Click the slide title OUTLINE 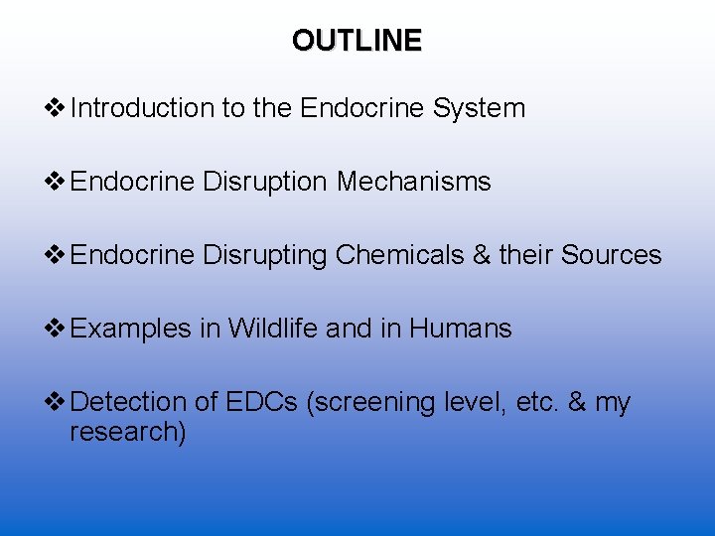coord(357,41)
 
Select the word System coord(479,108)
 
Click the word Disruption coord(264,182)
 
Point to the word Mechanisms coord(414,182)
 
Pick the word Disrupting coord(264,255)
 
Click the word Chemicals coord(399,255)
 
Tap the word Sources coord(611,255)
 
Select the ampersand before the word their coord(482,255)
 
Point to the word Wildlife coord(272,329)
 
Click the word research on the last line coord(127,433)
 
